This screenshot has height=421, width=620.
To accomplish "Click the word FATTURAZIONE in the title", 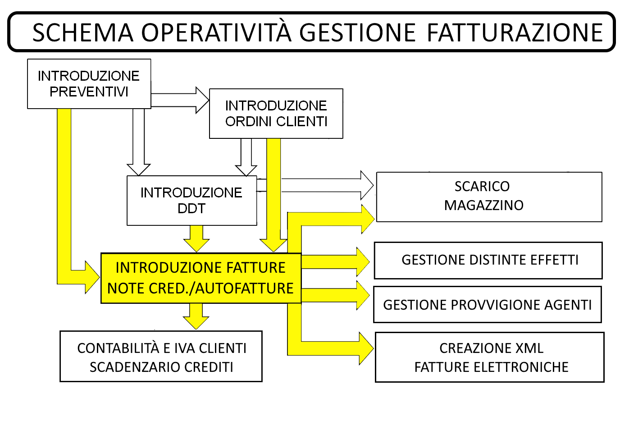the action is click(515, 33).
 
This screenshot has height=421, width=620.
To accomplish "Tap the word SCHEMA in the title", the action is click(83, 33).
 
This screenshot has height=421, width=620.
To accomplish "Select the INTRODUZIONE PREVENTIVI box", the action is click(89, 84).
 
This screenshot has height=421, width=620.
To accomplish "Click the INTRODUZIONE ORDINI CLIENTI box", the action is click(276, 114).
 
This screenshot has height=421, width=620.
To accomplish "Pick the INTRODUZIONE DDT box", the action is click(192, 201).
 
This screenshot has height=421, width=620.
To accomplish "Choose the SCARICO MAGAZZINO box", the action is click(489, 197).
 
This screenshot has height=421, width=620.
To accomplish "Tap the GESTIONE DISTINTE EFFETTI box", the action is click(488, 261).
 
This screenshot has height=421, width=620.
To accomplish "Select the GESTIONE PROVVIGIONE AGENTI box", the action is click(488, 304).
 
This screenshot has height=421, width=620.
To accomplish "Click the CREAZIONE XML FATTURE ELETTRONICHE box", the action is click(490, 357).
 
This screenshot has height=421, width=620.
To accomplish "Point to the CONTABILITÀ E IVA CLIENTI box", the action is click(161, 357).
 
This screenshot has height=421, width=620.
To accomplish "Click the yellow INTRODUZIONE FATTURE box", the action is click(201, 278).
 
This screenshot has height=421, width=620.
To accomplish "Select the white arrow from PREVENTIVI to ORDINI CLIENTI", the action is click(180, 100).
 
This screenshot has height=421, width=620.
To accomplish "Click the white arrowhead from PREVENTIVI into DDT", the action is click(139, 169).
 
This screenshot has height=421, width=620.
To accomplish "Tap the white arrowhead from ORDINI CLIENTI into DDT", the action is click(246, 170).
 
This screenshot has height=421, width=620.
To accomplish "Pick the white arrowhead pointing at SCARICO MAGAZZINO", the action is click(367, 185).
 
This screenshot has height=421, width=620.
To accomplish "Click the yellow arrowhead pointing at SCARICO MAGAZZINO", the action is click(368, 219).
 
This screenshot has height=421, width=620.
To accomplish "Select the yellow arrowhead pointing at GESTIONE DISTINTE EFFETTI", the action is click(363, 262).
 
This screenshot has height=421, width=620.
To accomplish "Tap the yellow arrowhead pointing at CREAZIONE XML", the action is click(366, 348).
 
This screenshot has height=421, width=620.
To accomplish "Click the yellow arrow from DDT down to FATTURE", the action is click(196, 238).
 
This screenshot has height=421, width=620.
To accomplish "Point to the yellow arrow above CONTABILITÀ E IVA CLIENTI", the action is click(196, 316).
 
